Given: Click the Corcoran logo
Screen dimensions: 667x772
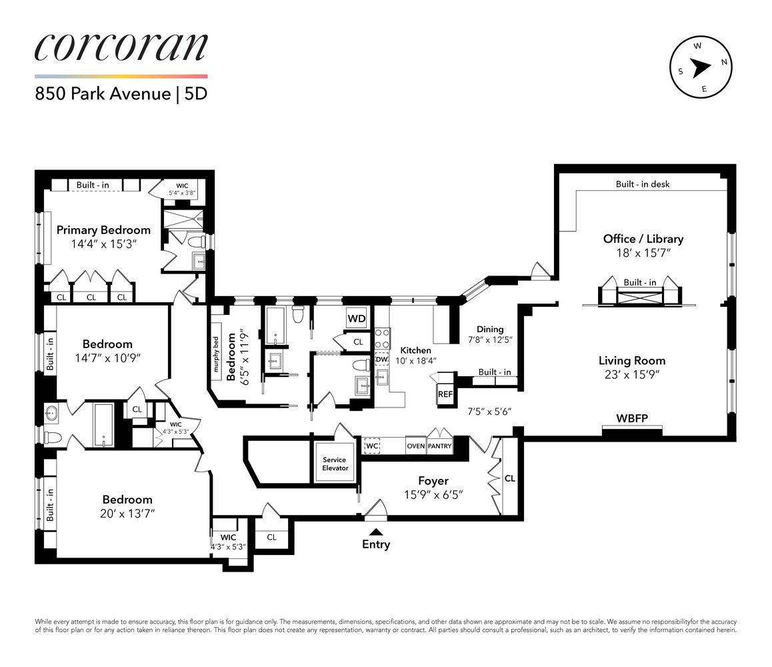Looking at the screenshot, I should (x=121, y=48).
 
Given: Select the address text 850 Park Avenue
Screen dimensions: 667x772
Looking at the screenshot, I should (x=103, y=93).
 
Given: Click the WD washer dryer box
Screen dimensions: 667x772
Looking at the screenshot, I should (x=356, y=318).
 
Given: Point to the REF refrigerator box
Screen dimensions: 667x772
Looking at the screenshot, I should (x=445, y=394).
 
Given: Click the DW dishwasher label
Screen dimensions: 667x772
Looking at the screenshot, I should (x=381, y=360).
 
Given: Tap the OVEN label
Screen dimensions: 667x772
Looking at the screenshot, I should (x=415, y=446).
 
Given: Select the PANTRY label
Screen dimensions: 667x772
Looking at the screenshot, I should (x=439, y=446).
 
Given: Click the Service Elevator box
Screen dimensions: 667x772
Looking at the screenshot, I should (x=335, y=464).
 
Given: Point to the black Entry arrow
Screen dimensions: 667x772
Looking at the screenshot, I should (x=376, y=532).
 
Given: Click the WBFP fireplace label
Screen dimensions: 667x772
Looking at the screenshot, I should (x=632, y=419).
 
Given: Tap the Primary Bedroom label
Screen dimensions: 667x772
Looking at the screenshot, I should (x=103, y=229).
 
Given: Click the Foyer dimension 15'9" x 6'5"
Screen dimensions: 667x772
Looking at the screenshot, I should (x=433, y=495).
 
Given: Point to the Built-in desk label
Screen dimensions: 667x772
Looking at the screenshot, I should (x=642, y=184).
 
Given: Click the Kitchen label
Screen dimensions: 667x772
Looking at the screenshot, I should (x=415, y=350).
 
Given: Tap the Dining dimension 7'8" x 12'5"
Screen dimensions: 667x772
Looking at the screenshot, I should (x=489, y=341).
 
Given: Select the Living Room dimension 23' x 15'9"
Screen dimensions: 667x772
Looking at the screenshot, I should (x=631, y=375).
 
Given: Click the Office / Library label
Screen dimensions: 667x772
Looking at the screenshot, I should (x=643, y=239).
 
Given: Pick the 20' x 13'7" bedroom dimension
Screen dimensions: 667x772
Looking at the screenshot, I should (x=127, y=514).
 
